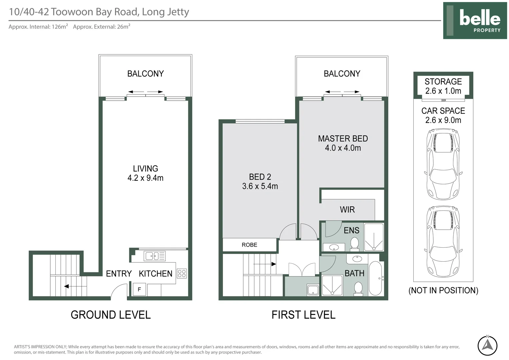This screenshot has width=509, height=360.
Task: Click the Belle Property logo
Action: pyautogui.click(x=475, y=20)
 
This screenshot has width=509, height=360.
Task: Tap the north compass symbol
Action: pyautogui.click(x=487, y=345)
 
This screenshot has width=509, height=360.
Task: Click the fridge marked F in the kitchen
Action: pyautogui.click(x=139, y=289)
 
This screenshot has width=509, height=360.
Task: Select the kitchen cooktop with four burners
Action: pyautogui.click(x=182, y=273)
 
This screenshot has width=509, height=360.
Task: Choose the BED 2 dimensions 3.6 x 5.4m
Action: pyautogui.click(x=260, y=186)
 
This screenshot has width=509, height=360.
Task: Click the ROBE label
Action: pyautogui.click(x=250, y=245)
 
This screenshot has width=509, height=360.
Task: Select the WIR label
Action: pyautogui.click(x=347, y=210)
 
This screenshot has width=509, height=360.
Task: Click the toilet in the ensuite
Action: pyautogui.click(x=354, y=244)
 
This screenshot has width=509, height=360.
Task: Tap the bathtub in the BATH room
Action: pyautogui.click(x=375, y=278)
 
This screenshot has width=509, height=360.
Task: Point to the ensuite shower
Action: pyautogui.click(x=374, y=237)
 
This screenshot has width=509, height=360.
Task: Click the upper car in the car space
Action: pyautogui.click(x=443, y=164)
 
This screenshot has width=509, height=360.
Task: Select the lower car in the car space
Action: pyautogui.click(x=443, y=241)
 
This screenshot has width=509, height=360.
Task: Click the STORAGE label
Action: pyautogui.click(x=443, y=81)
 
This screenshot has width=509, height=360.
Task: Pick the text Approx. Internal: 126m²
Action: pyautogui.click(x=38, y=27)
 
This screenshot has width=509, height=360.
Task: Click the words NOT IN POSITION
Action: pyautogui.click(x=443, y=290)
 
